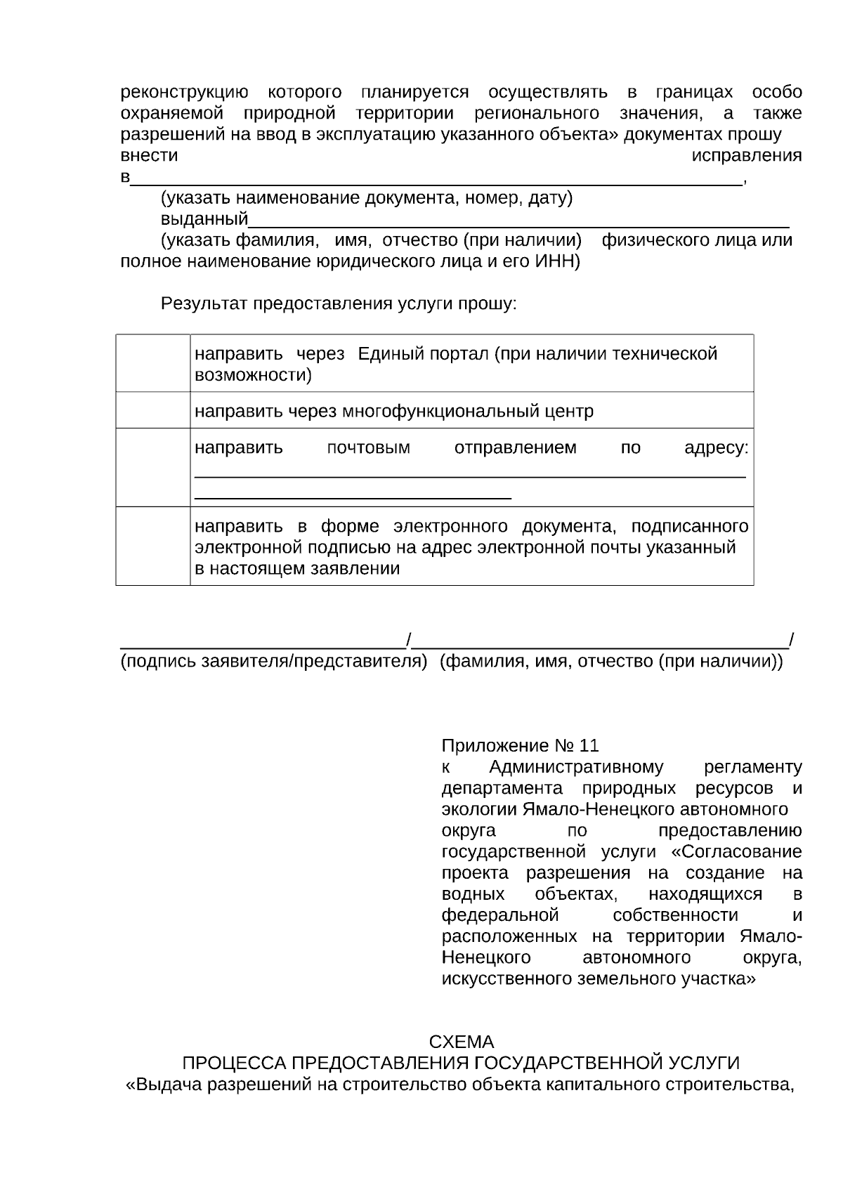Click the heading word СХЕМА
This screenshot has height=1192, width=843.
click(x=461, y=1041)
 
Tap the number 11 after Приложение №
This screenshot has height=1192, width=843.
click(x=589, y=745)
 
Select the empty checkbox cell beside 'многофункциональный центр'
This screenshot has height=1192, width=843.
click(x=152, y=410)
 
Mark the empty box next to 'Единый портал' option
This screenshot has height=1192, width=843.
click(x=152, y=363)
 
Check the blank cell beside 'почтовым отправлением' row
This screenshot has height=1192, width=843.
click(x=152, y=467)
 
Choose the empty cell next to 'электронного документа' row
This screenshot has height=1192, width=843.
click(x=152, y=546)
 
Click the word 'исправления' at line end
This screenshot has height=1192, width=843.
click(x=747, y=156)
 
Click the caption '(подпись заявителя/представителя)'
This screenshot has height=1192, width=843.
click(x=273, y=662)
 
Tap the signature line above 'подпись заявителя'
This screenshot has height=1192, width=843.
click(x=263, y=645)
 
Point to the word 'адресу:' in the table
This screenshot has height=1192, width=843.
click(x=716, y=448)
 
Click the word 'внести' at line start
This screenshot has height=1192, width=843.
click(x=149, y=156)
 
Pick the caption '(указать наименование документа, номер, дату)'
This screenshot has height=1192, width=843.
click(x=367, y=198)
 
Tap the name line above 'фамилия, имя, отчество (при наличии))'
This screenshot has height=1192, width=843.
click(x=601, y=645)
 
